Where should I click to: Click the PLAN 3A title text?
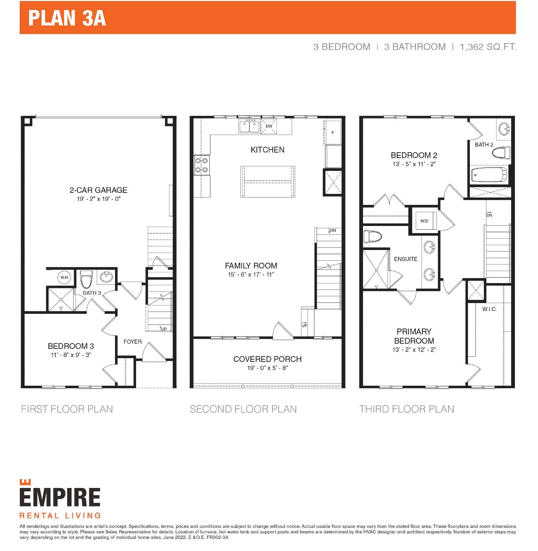[x=67, y=18]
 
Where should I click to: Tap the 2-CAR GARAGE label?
[x=99, y=190]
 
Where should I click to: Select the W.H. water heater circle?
[x=64, y=277]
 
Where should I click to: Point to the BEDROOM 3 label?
[x=71, y=346]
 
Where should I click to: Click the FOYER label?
[x=133, y=342]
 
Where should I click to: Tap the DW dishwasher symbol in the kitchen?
[x=269, y=126]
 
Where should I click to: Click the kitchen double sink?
[x=249, y=126]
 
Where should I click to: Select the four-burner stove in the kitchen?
[x=201, y=165]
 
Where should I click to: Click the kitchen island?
[x=268, y=181]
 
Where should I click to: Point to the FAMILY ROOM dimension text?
[x=251, y=274]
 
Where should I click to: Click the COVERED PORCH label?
[x=268, y=359]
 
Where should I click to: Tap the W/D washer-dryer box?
[x=424, y=221]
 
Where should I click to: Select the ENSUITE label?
[x=406, y=259]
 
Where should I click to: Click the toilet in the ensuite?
[x=373, y=237]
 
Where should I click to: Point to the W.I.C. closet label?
[x=489, y=309]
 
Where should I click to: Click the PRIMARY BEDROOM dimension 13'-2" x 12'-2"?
[x=414, y=350]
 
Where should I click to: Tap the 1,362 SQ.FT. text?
[x=488, y=47]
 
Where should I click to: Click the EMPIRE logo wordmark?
[x=60, y=497]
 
